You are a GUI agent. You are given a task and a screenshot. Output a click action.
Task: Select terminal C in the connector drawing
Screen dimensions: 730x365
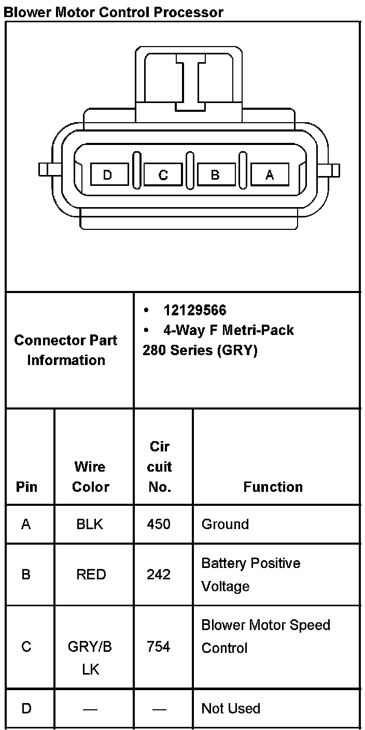[x=163, y=175]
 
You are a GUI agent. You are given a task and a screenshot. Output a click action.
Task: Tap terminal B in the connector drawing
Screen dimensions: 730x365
[x=216, y=175]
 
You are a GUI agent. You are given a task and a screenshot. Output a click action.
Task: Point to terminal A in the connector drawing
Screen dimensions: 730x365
[x=270, y=175]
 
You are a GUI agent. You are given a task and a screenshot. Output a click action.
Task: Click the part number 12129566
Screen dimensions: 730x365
[x=194, y=310]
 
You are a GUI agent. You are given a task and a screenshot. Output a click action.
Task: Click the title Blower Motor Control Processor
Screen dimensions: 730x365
[x=114, y=12]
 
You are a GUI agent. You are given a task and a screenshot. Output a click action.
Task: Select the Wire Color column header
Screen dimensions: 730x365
[x=91, y=477]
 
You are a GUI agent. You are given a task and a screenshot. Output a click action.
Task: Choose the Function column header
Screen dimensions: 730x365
[x=273, y=487]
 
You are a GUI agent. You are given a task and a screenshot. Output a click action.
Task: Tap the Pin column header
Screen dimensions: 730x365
[x=27, y=487]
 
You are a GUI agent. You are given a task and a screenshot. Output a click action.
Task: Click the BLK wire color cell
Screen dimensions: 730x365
[x=90, y=524]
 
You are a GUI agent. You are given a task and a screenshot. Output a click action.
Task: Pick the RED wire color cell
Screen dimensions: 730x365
[x=91, y=574]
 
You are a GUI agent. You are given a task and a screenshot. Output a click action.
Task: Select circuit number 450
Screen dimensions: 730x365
[x=159, y=524]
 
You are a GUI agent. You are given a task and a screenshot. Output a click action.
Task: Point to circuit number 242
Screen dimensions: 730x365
[x=159, y=574]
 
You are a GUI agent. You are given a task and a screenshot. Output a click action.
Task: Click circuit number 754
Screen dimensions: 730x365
[x=159, y=647]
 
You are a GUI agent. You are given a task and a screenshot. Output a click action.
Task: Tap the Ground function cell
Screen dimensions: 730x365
[x=225, y=524]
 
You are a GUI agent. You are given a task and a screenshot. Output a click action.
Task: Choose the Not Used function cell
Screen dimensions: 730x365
[x=231, y=708]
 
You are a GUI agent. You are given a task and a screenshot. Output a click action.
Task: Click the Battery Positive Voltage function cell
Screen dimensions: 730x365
[x=251, y=574]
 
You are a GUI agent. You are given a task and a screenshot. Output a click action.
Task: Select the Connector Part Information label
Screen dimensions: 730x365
[x=66, y=350]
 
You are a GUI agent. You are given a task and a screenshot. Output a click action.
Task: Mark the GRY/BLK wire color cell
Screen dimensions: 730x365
[x=90, y=658]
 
